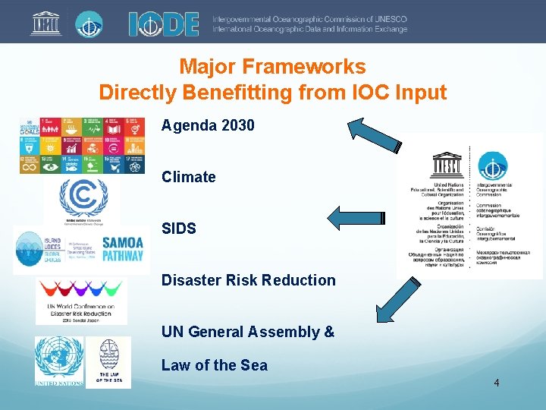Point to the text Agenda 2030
(208, 125)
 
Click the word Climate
(188, 177)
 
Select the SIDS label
(178, 229)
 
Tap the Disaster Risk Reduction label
(248, 280)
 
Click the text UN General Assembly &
(247, 332)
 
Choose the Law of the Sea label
(214, 365)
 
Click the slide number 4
(496, 383)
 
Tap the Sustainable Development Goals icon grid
(82, 145)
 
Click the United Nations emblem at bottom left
(58, 362)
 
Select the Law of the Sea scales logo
(108, 362)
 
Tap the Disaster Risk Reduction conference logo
(81, 300)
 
